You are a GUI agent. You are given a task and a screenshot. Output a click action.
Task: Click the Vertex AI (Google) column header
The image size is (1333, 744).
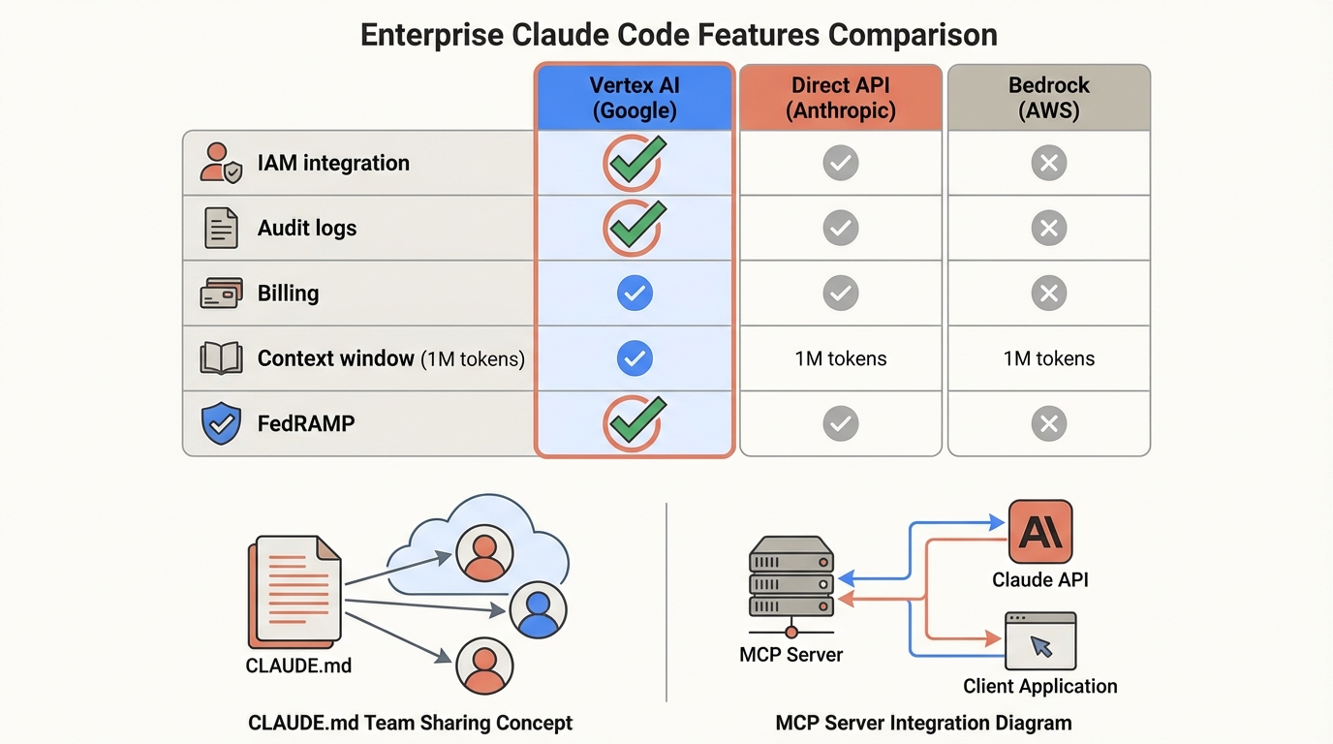tap(635, 97)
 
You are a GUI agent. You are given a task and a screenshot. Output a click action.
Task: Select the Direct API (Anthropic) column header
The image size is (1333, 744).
tap(840, 97)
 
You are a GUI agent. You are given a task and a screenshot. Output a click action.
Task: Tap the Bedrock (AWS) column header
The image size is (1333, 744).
tap(1048, 97)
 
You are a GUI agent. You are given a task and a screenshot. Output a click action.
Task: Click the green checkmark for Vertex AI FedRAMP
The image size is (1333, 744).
tap(635, 422)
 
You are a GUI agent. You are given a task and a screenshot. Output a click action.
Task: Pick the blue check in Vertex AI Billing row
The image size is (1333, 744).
tap(635, 293)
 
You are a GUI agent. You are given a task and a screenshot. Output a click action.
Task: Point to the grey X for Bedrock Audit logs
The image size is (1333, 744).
tap(1048, 228)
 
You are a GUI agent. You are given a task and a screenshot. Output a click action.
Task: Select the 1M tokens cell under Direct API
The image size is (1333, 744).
tap(840, 358)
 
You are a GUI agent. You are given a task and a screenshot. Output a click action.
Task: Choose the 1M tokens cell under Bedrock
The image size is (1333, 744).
tap(1048, 358)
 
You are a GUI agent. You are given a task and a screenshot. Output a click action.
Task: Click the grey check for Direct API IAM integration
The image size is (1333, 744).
tap(840, 163)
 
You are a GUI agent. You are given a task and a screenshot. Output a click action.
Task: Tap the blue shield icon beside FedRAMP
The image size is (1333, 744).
tap(221, 423)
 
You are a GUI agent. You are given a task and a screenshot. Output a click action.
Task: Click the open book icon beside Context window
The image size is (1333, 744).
tap(221, 358)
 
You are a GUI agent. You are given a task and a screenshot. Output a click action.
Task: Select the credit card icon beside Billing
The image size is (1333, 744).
tap(221, 293)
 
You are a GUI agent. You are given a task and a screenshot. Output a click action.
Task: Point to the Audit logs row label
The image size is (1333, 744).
tap(306, 229)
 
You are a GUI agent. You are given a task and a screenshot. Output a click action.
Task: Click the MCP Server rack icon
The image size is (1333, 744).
tap(791, 578)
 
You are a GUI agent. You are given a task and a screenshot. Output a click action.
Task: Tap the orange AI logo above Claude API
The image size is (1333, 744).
tap(1039, 532)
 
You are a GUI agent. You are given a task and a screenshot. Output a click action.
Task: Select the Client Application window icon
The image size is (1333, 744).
tap(1039, 640)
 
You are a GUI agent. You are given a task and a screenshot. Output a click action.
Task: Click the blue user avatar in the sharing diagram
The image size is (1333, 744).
tap(538, 609)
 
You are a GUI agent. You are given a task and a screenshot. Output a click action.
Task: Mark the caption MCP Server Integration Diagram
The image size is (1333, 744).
tap(923, 723)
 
